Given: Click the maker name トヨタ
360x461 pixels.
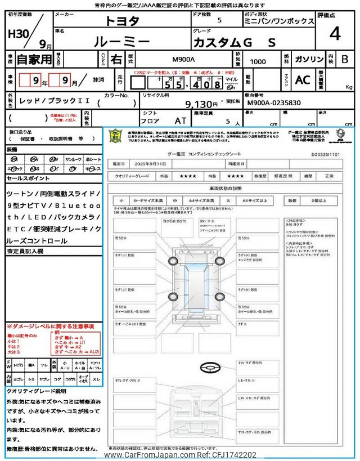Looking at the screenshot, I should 123,21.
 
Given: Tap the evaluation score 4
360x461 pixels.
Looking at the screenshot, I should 335,34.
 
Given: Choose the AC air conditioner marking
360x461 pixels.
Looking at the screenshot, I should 303,80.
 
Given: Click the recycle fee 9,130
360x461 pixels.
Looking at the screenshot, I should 201,104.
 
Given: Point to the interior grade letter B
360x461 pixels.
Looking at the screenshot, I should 345,59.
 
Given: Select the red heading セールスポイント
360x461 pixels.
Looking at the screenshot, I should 28,178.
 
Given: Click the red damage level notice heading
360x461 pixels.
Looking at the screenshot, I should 51,326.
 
